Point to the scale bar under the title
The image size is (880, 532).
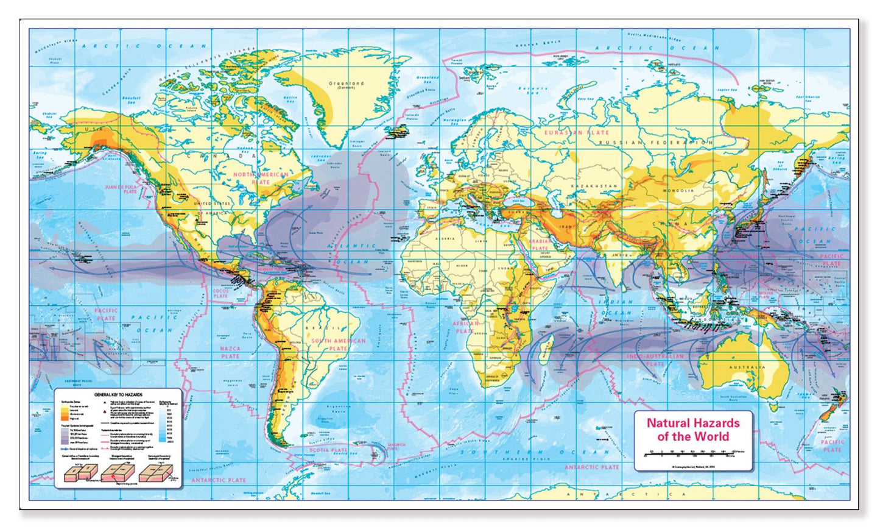click(x=693, y=453)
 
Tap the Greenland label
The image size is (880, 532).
click(x=346, y=84)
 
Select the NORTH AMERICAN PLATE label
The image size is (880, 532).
click(x=261, y=178)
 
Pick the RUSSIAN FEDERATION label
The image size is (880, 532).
click(x=655, y=143)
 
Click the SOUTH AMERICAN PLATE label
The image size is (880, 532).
click(x=338, y=344)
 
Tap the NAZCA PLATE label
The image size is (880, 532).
click(x=230, y=352)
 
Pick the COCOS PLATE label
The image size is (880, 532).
click(x=220, y=294)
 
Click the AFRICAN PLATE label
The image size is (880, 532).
click(x=465, y=327)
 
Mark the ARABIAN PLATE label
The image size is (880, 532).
click(x=540, y=244)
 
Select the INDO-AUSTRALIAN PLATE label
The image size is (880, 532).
click(x=655, y=360)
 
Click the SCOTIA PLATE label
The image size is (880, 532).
click(x=329, y=450)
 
